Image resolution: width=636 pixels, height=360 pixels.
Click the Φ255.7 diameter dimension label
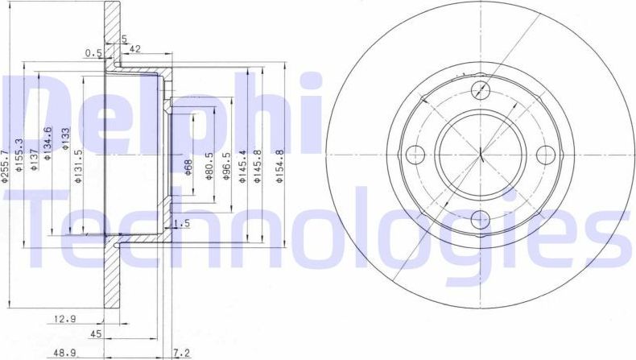[x=6, y=165]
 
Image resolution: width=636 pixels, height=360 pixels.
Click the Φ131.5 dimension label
[x=78, y=166]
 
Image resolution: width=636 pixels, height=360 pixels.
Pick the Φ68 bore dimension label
[x=188, y=167]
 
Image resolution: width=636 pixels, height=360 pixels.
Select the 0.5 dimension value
[x=93, y=54]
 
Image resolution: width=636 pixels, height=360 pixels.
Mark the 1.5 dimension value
[x=182, y=224]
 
